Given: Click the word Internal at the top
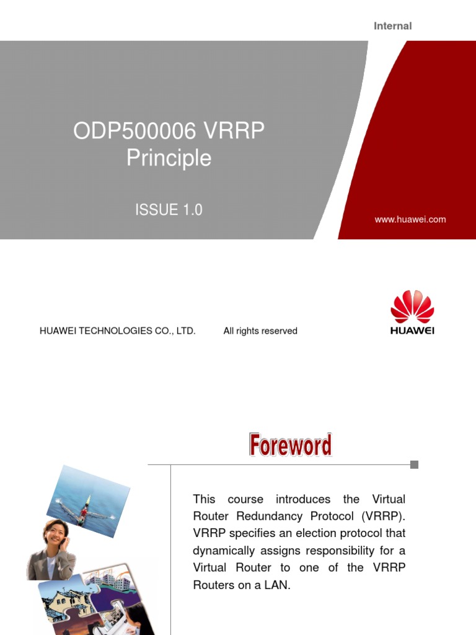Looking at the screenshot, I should [392, 26].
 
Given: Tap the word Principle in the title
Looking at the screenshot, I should [169, 158].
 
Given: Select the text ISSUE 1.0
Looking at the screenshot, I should [169, 210].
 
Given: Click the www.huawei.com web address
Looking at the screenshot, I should [410, 220].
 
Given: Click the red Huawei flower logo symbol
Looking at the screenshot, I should [412, 306].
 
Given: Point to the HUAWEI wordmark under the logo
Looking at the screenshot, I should [412, 331].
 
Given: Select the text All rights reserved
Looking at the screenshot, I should [260, 331].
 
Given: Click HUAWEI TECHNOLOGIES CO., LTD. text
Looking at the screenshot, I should [118, 331].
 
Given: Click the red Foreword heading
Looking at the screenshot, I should [290, 445].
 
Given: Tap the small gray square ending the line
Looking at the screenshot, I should [414, 464].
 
